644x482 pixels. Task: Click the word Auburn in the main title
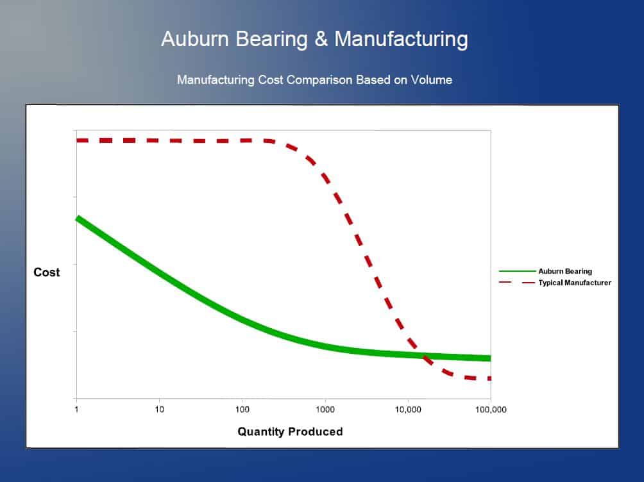tap(195, 39)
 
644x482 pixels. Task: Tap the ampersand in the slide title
tap(321, 39)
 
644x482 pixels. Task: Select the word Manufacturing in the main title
tap(401, 40)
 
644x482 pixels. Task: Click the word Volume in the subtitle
tap(431, 79)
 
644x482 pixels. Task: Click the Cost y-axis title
tap(46, 272)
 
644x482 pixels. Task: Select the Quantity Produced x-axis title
tap(290, 431)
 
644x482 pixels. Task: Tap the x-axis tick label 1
tap(76, 410)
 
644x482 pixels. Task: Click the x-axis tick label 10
tap(159, 410)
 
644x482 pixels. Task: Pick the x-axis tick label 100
tap(242, 410)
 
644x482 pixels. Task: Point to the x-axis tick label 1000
tap(325, 410)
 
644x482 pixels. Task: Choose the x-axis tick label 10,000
tap(408, 410)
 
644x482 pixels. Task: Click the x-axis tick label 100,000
tap(491, 410)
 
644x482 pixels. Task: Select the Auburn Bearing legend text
tap(565, 271)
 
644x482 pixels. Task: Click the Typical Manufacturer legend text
tap(575, 283)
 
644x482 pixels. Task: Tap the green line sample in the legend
tap(517, 271)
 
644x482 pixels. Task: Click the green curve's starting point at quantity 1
tap(77, 219)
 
